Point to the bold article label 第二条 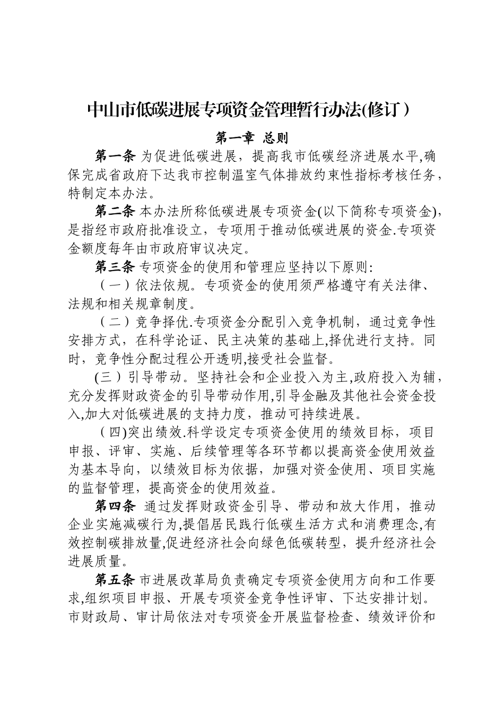point(115,212)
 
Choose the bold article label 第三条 point(115,267)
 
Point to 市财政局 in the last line point(88,617)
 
